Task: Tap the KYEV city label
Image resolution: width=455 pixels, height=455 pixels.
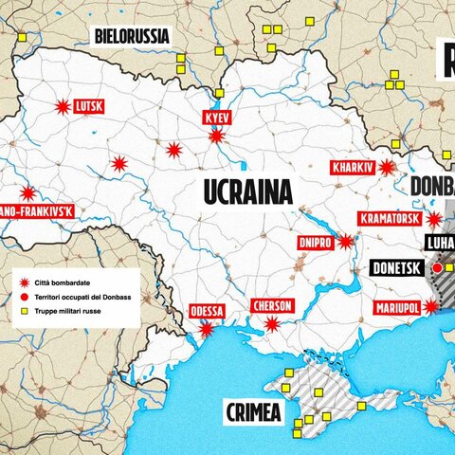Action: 217,118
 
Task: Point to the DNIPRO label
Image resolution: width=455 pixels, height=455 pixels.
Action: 314,242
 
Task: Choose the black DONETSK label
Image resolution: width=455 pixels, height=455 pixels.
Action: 395,268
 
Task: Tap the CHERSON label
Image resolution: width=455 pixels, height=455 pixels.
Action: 272,306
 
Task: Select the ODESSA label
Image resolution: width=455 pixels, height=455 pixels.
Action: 207,312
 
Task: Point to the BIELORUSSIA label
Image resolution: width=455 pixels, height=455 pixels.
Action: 131,36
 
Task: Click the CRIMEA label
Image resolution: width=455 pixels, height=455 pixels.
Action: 253,412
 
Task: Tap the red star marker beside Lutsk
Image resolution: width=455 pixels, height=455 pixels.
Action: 64,107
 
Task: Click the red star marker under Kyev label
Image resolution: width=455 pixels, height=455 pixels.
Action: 217,136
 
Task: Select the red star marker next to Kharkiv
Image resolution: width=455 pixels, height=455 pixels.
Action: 387,168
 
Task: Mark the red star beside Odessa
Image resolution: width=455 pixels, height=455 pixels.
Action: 206,329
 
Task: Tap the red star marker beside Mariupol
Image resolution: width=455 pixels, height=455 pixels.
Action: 431,306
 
